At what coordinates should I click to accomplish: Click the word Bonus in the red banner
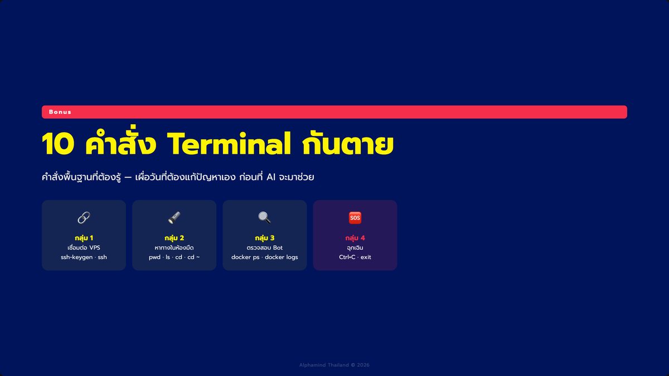coord(60,112)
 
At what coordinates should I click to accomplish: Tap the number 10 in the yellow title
coord(58,144)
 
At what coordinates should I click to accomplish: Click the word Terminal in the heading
coord(229,144)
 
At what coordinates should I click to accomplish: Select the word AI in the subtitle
coord(270,177)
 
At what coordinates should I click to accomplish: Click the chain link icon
coord(84,218)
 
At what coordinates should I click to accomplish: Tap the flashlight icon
coord(174,218)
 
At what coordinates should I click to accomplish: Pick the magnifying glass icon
coord(265,218)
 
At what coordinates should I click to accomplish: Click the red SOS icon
coord(355,218)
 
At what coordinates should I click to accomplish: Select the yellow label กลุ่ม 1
coord(84,238)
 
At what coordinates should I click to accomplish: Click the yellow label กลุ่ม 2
coord(174,238)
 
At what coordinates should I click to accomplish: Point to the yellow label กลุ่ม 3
coord(265,238)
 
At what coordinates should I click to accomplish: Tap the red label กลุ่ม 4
coord(355,238)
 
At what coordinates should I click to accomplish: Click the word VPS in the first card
coord(95,248)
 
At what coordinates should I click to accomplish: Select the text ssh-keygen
coord(77,257)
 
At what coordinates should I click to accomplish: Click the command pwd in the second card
coord(155,257)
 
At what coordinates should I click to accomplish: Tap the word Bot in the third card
coord(278,248)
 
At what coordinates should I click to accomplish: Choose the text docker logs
coord(282,257)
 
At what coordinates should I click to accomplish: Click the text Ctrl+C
coord(347,257)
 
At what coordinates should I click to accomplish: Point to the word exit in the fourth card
coord(366,257)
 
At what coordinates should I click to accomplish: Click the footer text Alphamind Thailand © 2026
coord(334,365)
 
